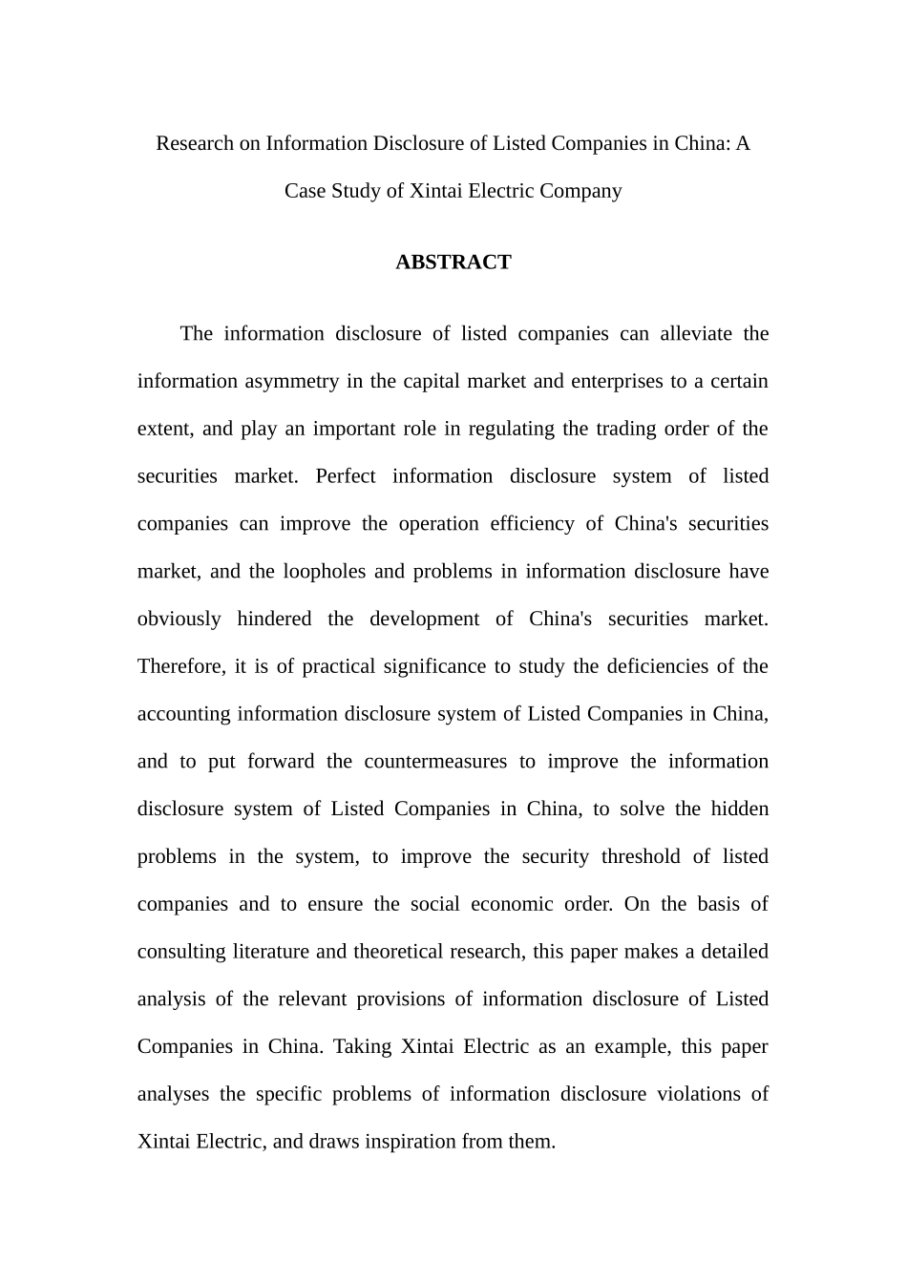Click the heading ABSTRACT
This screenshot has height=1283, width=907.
[453, 263]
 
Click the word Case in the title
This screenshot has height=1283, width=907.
[305, 191]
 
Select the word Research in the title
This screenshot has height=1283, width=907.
[195, 143]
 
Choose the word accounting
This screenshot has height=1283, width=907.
[184, 714]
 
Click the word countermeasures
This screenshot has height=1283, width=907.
[435, 762]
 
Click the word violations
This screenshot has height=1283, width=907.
[694, 1094]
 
